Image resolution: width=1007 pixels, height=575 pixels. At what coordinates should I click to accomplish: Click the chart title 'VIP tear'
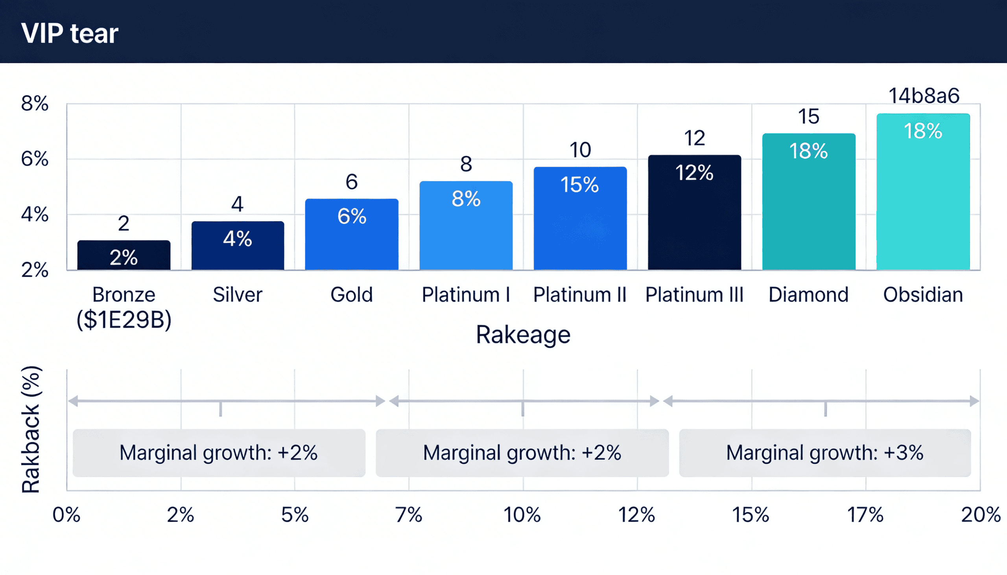click(70, 33)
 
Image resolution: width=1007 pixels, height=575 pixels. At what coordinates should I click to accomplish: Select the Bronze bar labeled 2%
click(124, 255)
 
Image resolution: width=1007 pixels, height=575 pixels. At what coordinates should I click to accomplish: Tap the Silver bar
click(238, 246)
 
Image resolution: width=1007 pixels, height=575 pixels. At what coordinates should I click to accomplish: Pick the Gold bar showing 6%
click(352, 235)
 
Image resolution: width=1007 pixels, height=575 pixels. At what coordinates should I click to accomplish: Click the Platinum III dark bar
click(694, 213)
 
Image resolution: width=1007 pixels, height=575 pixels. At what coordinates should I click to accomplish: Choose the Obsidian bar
click(923, 192)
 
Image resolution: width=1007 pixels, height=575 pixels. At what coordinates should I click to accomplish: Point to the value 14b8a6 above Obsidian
click(924, 96)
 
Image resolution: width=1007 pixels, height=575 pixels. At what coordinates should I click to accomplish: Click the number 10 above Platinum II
click(580, 150)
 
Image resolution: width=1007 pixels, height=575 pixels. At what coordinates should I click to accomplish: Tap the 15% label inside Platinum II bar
click(580, 184)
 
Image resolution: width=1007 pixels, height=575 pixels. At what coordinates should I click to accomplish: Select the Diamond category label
click(809, 295)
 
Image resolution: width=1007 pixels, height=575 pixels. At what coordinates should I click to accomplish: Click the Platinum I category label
click(466, 295)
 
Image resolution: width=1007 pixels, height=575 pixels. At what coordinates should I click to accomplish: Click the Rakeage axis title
click(523, 335)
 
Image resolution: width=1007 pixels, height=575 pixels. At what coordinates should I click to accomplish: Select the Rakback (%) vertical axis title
click(31, 429)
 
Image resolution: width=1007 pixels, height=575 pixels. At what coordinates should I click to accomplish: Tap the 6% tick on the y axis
click(35, 159)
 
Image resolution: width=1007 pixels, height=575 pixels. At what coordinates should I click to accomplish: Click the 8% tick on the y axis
click(35, 103)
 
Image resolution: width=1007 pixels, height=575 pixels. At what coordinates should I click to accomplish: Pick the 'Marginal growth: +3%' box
click(825, 453)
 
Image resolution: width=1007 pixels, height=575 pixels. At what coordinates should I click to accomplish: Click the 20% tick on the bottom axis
click(980, 515)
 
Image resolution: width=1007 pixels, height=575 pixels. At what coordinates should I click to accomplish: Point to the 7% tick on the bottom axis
click(409, 515)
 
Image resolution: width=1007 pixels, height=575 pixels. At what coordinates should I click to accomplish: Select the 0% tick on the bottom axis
click(66, 515)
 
